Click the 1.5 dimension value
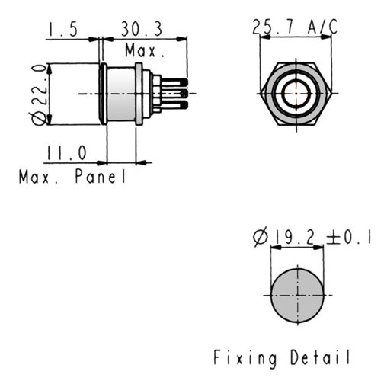click(x=62, y=29)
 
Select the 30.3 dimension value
click(x=142, y=29)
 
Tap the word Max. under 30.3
click(x=145, y=50)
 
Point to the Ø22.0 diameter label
click(x=40, y=94)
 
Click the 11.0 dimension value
click(x=66, y=153)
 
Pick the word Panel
click(x=101, y=176)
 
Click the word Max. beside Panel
click(x=39, y=177)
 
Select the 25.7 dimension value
click(x=273, y=27)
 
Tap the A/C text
click(x=322, y=27)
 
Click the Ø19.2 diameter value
click(x=285, y=238)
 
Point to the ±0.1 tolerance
click(x=348, y=237)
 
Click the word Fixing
click(x=245, y=358)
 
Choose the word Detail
click(x=320, y=357)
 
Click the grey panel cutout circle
click(x=297, y=296)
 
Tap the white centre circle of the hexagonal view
click(x=296, y=94)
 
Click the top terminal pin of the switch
click(x=174, y=82)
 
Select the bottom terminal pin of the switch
click(x=174, y=104)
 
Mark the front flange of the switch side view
click(x=104, y=94)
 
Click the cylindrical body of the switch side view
click(x=121, y=94)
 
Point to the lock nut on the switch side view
click(x=139, y=94)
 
